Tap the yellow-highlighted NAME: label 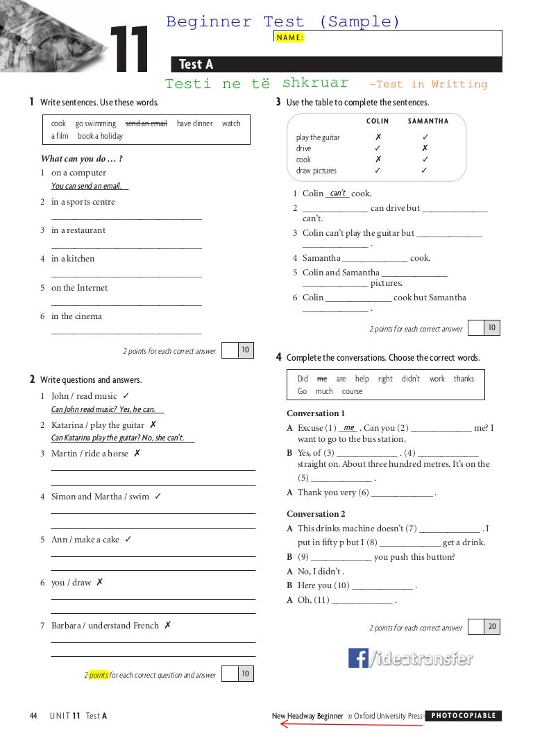point(290,37)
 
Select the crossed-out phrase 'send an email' point(146,123)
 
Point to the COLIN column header point(378,121)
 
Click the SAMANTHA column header point(428,121)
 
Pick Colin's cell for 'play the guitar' point(378,137)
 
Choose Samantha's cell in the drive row point(425,148)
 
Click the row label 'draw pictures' point(316,171)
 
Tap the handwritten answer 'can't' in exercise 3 point(338,194)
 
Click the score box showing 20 point(492,627)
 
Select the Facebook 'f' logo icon point(358,658)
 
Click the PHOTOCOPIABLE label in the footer point(464,716)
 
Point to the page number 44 point(33,716)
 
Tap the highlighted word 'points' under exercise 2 point(99,675)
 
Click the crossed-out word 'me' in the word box point(321,379)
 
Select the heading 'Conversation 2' point(316,514)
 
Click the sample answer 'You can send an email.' point(87,186)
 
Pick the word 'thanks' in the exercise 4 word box point(464,379)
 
